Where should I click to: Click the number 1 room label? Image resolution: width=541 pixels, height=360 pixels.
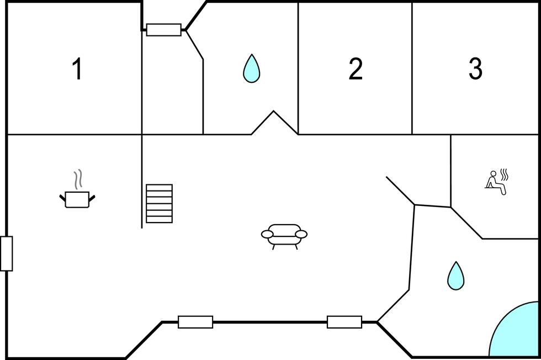[77, 70]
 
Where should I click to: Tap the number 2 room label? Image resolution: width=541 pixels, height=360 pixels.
[356, 70]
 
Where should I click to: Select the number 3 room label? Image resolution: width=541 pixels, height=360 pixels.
[475, 70]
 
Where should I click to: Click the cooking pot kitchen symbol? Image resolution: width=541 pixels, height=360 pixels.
[77, 199]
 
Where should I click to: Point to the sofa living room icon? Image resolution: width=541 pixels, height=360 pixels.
[284, 234]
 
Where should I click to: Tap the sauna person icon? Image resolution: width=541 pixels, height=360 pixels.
[495, 182]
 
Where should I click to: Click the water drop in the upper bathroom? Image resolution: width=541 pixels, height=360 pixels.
[251, 69]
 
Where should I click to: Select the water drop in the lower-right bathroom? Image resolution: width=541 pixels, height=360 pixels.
[455, 276]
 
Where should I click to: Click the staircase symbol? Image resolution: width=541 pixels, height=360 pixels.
[159, 203]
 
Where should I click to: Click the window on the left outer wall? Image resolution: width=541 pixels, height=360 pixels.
[6, 253]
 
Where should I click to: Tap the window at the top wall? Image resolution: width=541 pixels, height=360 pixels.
[163, 30]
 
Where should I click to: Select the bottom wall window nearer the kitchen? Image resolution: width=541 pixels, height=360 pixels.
[195, 322]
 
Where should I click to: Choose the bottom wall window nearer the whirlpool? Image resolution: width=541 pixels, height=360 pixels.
[344, 322]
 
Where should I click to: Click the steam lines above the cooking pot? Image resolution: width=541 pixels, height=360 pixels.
[78, 178]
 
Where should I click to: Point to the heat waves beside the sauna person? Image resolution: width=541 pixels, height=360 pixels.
[504, 175]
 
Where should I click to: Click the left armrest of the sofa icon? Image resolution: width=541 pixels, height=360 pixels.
[268, 235]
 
